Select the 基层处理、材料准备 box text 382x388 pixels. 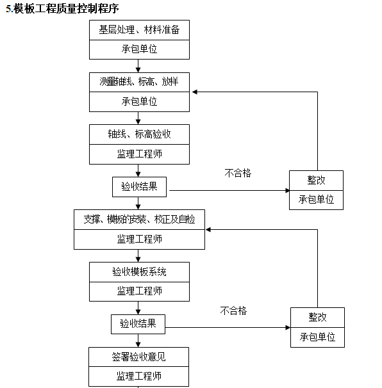click(139, 29)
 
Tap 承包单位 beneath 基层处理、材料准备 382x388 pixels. click(139, 49)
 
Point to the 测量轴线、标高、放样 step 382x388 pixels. click(139, 82)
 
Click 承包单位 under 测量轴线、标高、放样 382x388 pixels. click(139, 101)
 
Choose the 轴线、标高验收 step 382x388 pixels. click(139, 134)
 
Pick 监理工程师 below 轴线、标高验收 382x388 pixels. click(139, 154)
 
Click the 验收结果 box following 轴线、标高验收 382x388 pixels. click(139, 186)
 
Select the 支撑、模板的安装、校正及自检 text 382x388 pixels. click(139, 219)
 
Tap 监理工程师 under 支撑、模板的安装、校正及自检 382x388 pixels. click(139, 239)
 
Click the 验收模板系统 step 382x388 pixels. click(139, 271)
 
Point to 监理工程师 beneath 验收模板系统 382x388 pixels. click(139, 291)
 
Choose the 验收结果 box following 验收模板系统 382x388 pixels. click(138, 323)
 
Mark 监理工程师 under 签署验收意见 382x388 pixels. click(139, 376)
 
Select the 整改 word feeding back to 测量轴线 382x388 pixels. click(316, 181)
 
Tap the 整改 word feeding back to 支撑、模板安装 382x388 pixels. click(317, 318)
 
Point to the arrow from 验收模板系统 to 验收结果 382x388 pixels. click(139, 308)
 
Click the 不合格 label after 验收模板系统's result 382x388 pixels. click(233, 311)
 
